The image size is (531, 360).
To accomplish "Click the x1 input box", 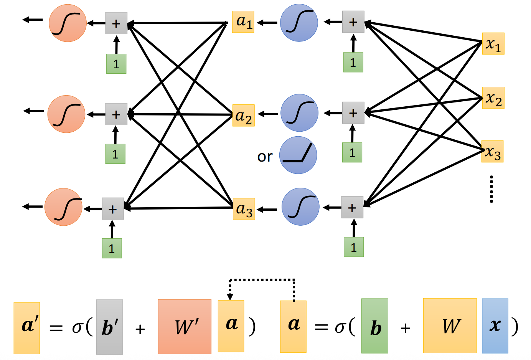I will pyautogui.click(x=493, y=44).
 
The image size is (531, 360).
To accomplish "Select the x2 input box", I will pyautogui.click(x=493, y=98).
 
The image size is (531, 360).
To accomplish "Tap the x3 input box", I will pyautogui.click(x=492, y=152).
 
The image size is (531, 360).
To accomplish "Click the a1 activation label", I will pyautogui.click(x=243, y=22).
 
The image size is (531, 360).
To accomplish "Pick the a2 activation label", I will pyautogui.click(x=244, y=116).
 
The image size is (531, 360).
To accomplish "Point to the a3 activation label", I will pyautogui.click(x=244, y=209).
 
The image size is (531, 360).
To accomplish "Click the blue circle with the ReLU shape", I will pyautogui.click(x=298, y=155).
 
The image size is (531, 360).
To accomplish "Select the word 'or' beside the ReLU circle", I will pyautogui.click(x=265, y=157).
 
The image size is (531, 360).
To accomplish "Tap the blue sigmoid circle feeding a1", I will pyautogui.click(x=299, y=23).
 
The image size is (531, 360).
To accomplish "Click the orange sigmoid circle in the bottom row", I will pyautogui.click(x=63, y=207).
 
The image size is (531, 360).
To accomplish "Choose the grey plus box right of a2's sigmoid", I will pyautogui.click(x=353, y=113).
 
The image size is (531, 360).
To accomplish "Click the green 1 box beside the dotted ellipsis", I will pyautogui.click(x=353, y=247).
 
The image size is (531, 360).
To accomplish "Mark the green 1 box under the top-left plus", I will pyautogui.click(x=116, y=64).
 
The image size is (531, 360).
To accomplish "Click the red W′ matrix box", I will pyautogui.click(x=185, y=327).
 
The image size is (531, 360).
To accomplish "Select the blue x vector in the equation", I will pyautogui.click(x=495, y=326).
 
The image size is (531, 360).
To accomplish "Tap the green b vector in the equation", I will pyautogui.click(x=375, y=326).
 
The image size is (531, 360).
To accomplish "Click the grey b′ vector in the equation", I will pyautogui.click(x=109, y=327).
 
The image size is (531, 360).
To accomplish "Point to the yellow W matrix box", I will pyautogui.click(x=450, y=325).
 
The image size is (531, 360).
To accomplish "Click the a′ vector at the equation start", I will pyautogui.click(x=27, y=328).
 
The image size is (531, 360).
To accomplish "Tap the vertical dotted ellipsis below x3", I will pyautogui.click(x=491, y=189).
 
